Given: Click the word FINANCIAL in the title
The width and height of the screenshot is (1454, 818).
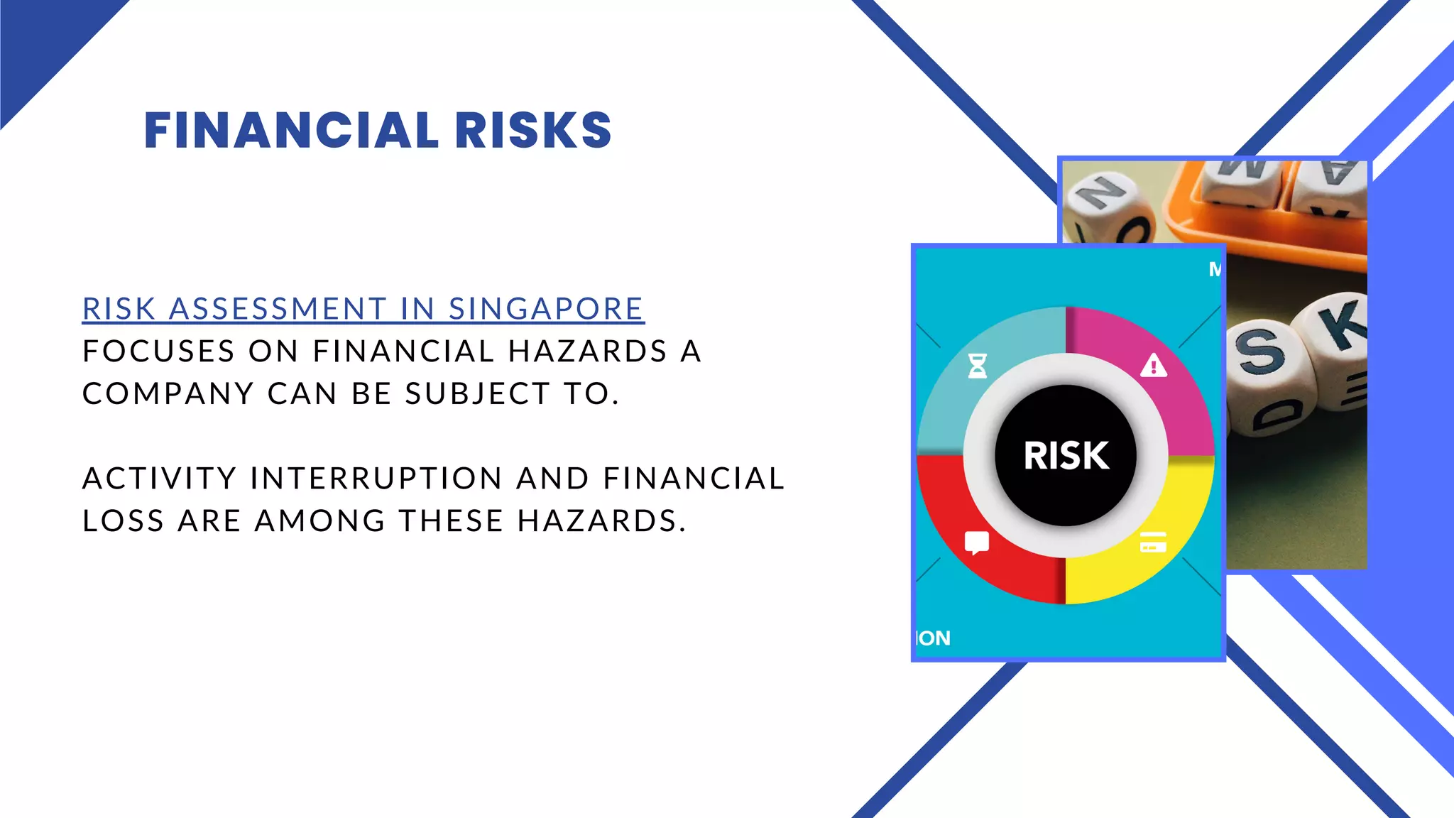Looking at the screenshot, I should click(x=291, y=131).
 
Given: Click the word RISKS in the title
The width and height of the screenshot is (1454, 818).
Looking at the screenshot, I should click(x=533, y=131).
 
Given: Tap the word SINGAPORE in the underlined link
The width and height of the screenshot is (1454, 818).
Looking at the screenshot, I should click(x=546, y=309).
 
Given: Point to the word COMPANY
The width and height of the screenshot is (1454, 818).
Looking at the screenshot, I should click(x=168, y=394).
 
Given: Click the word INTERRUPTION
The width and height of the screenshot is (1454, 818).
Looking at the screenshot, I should click(x=376, y=479).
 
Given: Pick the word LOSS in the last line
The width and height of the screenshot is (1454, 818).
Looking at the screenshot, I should click(x=124, y=521).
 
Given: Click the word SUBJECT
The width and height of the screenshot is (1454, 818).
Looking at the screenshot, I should click(x=478, y=394).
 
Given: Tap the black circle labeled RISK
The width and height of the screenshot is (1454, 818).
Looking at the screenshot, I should click(x=1065, y=455).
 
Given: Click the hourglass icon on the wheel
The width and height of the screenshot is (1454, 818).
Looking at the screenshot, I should click(x=978, y=366).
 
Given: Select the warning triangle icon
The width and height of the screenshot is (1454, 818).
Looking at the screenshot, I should click(x=1154, y=366).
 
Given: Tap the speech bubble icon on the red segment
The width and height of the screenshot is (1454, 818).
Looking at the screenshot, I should click(x=977, y=543).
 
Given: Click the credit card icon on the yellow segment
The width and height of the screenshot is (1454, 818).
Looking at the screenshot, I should click(x=1153, y=542).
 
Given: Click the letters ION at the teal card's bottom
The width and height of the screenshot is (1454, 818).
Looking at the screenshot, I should click(x=934, y=638).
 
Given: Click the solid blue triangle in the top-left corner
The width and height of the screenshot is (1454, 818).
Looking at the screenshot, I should click(x=43, y=43).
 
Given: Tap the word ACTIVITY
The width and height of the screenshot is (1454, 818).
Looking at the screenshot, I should click(x=159, y=479).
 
